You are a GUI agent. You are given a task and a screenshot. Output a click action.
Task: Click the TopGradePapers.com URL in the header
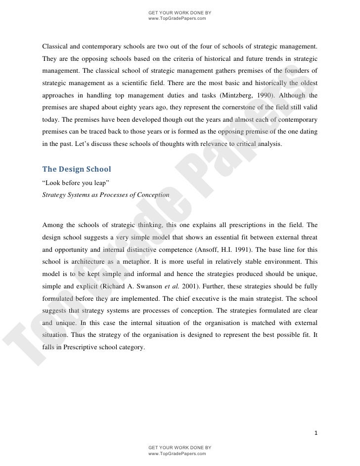(177, 18)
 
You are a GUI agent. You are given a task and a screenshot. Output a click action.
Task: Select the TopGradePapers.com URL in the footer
(177, 453)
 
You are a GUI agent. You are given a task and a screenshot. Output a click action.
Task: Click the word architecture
(93, 261)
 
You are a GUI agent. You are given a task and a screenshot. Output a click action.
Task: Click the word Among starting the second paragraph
(53, 225)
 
